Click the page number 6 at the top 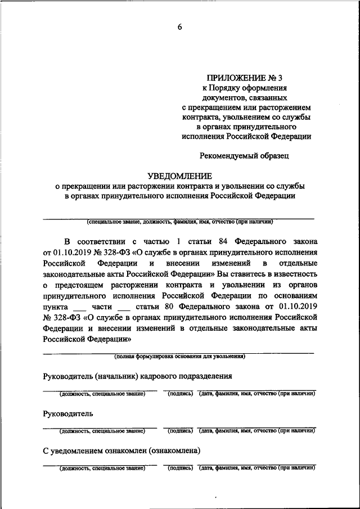180,28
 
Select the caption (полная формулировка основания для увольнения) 179,356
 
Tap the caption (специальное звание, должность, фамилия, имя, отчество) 179,222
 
